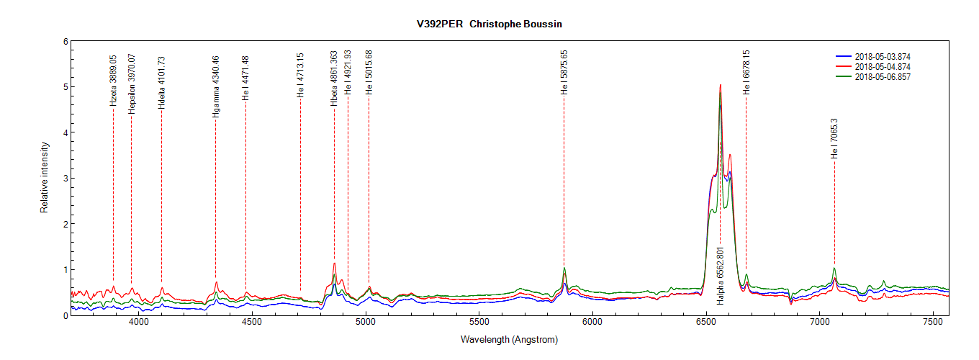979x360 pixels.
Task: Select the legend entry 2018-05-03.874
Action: click(883, 56)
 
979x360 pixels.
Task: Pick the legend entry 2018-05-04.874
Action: click(883, 66)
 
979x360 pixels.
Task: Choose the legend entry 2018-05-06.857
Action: click(883, 77)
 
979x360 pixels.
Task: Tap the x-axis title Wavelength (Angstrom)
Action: click(509, 340)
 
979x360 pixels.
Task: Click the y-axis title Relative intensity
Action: click(44, 177)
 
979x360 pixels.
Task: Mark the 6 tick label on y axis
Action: click(65, 42)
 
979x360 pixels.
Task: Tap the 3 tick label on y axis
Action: click(65, 179)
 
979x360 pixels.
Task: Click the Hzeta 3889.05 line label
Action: click(113, 81)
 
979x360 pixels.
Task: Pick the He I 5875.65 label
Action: click(564, 72)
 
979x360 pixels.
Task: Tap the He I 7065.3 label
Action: click(834, 139)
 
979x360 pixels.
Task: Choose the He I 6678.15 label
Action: click(746, 72)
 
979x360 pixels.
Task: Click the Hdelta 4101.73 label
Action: click(161, 83)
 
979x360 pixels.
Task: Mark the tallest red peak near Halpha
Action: click(720, 85)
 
